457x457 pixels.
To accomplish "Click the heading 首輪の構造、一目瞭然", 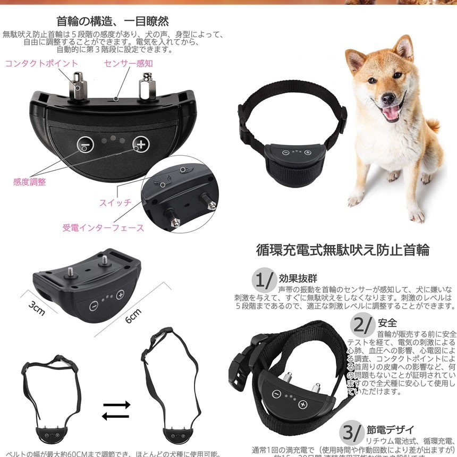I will pos(112,21).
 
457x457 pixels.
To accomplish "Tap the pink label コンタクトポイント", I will pos(41,63).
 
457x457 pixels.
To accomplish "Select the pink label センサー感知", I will pos(128,63).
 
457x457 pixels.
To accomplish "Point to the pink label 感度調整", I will pos(29,182).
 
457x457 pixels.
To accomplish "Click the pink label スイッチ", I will pos(115,202).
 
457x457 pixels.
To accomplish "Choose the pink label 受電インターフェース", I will pos(103,227).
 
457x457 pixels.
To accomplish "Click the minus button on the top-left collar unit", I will pos(84,144).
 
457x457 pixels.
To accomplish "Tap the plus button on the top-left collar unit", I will pos(140,144).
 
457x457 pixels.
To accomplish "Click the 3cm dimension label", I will pos(37,309).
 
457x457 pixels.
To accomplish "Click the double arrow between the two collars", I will pos(116,410).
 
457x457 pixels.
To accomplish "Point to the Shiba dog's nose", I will pos(387,98).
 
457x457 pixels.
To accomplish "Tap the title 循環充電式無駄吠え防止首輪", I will pos(342,249).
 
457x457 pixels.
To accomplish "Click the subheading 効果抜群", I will pos(298,278).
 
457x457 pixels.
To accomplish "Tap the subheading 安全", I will pos(387,323).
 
